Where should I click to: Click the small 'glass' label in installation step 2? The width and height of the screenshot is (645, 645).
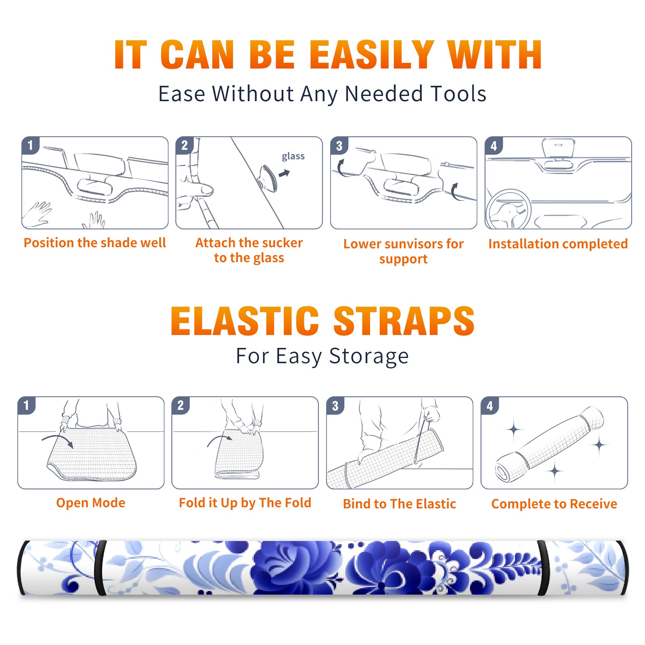pyautogui.click(x=293, y=156)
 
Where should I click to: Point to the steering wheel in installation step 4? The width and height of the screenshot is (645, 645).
pyautogui.click(x=508, y=210)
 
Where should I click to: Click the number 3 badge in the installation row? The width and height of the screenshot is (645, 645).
pyautogui.click(x=339, y=146)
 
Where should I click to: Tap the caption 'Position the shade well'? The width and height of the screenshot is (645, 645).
pyautogui.click(x=95, y=243)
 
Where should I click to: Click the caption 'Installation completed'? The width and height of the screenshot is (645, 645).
pyautogui.click(x=558, y=243)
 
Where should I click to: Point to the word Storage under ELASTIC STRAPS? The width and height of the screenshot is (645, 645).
pyautogui.click(x=369, y=356)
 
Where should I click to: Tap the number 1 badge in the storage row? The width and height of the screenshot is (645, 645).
pyautogui.click(x=27, y=405)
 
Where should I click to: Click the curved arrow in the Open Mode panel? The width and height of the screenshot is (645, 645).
pyautogui.click(x=57, y=439)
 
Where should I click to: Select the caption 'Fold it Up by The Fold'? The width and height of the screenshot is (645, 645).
pyautogui.click(x=245, y=503)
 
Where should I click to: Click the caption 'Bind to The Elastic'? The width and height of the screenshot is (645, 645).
pyautogui.click(x=399, y=504)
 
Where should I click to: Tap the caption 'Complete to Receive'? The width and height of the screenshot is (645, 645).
pyautogui.click(x=554, y=504)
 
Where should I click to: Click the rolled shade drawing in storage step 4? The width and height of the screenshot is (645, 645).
pyautogui.click(x=549, y=445)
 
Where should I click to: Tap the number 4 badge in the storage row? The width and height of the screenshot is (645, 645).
pyautogui.click(x=490, y=406)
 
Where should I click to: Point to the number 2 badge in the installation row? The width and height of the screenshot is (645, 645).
pyautogui.click(x=185, y=146)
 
